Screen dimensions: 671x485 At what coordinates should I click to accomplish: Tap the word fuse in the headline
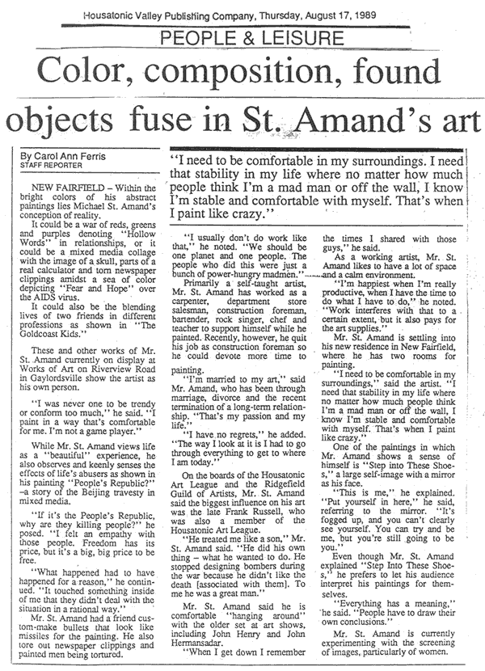[213, 120]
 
